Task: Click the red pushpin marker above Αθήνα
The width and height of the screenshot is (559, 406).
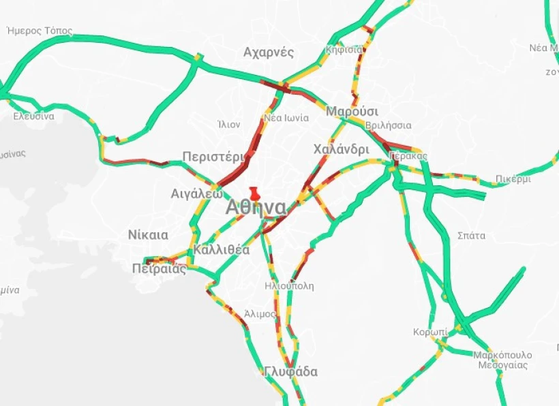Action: pos(254,193)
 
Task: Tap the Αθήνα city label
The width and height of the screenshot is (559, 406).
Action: pos(256,207)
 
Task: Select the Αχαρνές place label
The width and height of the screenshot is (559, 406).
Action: pos(269,52)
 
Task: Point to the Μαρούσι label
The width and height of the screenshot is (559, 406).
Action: pos(352,112)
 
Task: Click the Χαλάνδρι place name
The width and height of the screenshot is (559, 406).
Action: pos(341,149)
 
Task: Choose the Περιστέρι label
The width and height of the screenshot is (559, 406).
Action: pos(213,157)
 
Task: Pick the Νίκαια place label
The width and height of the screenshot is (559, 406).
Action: pos(148,235)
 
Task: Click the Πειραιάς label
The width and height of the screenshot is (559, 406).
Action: pos(159,268)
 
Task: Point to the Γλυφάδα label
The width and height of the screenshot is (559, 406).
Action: pos(291,372)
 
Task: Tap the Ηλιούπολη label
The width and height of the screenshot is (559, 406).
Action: pos(289,286)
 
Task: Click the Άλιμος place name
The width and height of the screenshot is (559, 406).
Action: pos(260,314)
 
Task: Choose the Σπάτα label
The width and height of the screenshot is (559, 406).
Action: pos(471,236)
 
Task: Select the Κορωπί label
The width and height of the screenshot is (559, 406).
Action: pos(430,332)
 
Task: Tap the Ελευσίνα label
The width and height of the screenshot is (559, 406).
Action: pos(34,116)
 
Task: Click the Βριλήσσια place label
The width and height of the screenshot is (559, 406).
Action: pos(388,125)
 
